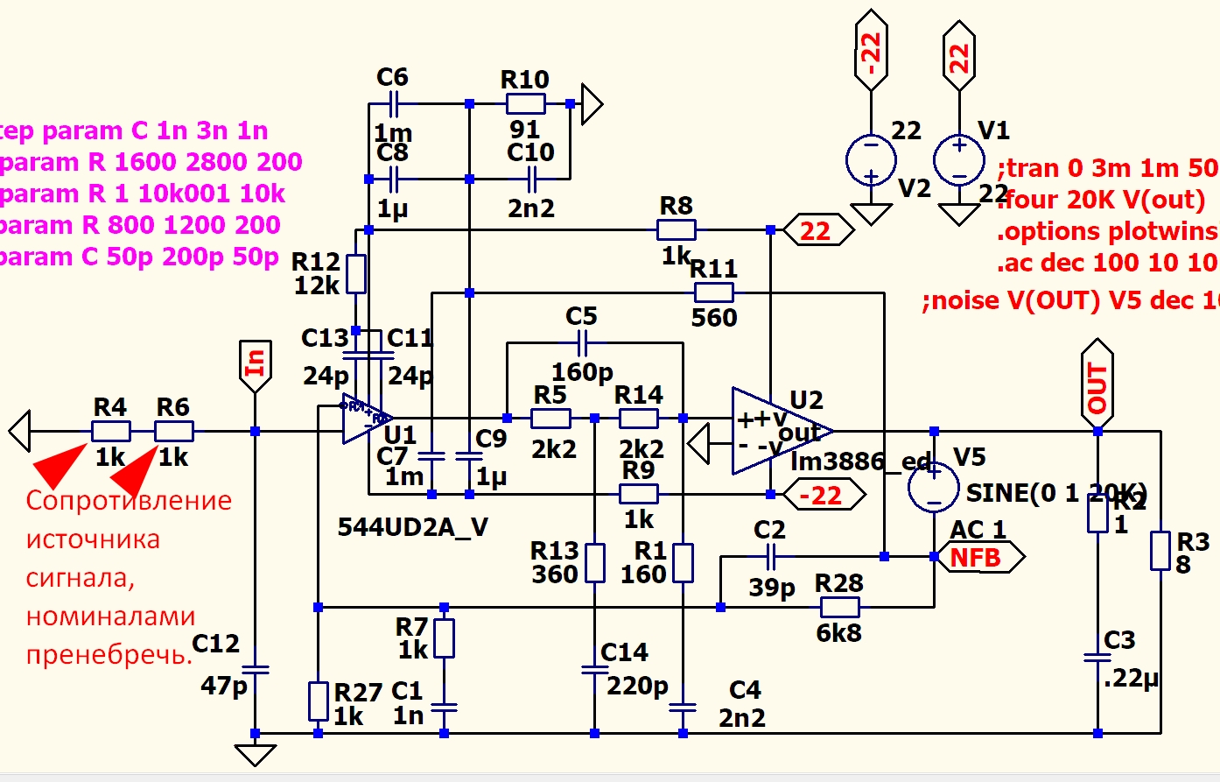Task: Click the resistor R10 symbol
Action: click(525, 104)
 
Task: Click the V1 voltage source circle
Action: click(958, 159)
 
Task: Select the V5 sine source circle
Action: click(934, 487)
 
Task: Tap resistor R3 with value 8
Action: click(1160, 551)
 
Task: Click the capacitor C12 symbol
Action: click(255, 670)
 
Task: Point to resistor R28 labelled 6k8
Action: click(839, 607)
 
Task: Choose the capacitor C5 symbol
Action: click(582, 342)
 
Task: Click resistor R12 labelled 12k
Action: click(356, 273)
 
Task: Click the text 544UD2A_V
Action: click(412, 526)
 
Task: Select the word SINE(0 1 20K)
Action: click(1055, 493)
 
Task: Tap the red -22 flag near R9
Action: click(823, 495)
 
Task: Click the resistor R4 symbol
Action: click(111, 431)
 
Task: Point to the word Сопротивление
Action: click(129, 501)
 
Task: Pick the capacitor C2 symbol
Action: click(771, 555)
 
